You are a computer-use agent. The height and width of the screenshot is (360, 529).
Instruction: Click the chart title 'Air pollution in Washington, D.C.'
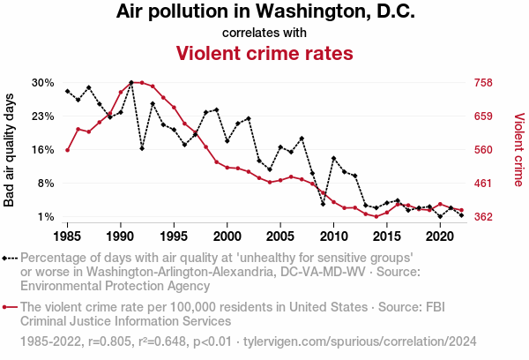point(264,13)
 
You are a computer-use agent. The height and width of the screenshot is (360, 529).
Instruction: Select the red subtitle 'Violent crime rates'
point(264,53)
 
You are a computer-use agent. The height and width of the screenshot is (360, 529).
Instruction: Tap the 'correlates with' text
point(264,33)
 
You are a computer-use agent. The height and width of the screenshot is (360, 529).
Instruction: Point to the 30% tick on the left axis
point(43,83)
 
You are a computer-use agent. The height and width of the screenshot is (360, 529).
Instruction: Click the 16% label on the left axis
point(43,150)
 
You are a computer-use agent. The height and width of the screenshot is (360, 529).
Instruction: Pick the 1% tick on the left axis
point(46,217)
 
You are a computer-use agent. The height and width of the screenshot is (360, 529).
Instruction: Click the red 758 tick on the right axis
point(482,83)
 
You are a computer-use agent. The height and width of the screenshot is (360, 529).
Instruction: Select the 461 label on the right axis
point(482,184)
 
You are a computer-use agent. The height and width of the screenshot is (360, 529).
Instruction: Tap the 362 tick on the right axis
point(482,217)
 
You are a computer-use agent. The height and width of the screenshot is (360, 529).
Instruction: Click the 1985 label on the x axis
point(67,236)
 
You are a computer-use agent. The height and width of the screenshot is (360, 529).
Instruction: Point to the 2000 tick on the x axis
point(227,236)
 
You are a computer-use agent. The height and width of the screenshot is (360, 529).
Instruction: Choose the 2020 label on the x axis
point(440,236)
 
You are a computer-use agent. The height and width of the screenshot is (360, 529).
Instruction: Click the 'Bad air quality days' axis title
point(11,150)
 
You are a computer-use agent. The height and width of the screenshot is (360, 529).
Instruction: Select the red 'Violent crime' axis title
point(518,150)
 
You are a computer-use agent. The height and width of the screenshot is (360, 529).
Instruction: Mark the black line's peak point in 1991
point(131,82)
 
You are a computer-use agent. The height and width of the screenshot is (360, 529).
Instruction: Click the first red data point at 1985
point(67,150)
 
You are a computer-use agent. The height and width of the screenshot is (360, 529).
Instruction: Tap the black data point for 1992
point(142,148)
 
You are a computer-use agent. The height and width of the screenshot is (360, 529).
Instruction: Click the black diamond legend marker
point(11,258)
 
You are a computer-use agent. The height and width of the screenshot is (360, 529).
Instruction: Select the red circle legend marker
point(11,307)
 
